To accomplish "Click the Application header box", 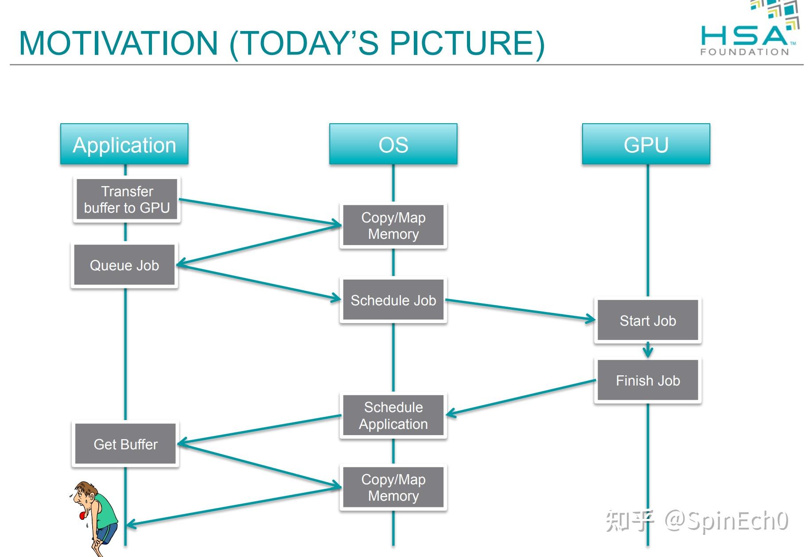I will [x=124, y=144].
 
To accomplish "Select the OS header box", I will [x=393, y=144].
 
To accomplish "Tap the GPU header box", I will [x=646, y=144].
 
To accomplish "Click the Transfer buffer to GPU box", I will [x=127, y=199].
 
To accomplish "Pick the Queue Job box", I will [x=124, y=265].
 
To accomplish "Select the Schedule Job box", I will [x=393, y=300].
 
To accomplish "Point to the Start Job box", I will [x=647, y=320].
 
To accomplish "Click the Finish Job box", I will [x=647, y=380].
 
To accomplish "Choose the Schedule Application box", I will [x=393, y=415].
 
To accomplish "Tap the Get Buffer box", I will [x=125, y=444].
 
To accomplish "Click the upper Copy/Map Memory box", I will [x=393, y=226].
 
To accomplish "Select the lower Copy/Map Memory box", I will [x=393, y=487].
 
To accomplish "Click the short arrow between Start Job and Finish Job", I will [x=648, y=350].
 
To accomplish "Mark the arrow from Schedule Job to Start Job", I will [x=521, y=309].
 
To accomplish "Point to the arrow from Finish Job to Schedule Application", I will [x=521, y=397].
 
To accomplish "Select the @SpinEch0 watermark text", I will [x=727, y=521].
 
